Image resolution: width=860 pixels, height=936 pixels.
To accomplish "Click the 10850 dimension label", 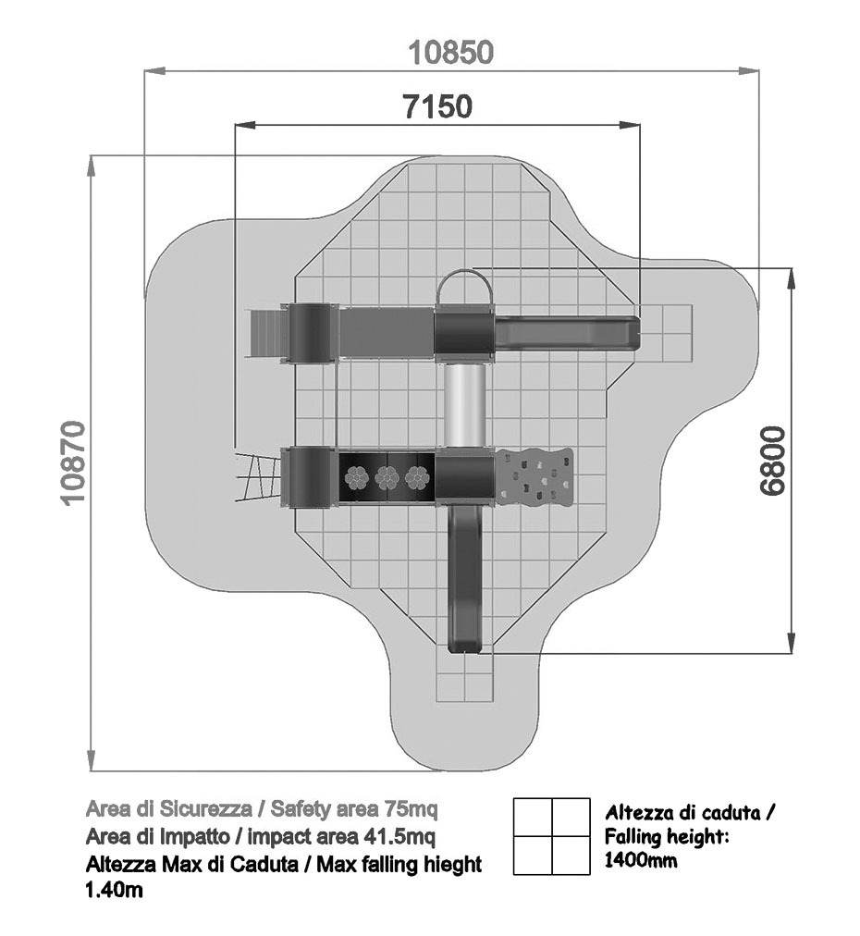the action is tap(451, 53).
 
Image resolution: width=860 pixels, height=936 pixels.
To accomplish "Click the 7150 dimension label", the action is tap(437, 107).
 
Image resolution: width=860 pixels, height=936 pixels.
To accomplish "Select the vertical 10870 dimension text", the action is tap(75, 463).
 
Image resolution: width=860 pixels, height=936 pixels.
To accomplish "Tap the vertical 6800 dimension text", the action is tap(773, 461).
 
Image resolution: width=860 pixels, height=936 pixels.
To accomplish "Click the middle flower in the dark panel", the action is tap(387, 477).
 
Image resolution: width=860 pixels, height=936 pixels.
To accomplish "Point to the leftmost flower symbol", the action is tap(357, 477).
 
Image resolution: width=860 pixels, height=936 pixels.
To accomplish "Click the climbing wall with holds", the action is tap(534, 474).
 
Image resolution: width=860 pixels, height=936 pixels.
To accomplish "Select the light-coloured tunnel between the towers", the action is tap(464, 405).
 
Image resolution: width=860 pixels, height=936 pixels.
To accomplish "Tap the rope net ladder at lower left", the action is tap(258, 477).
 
